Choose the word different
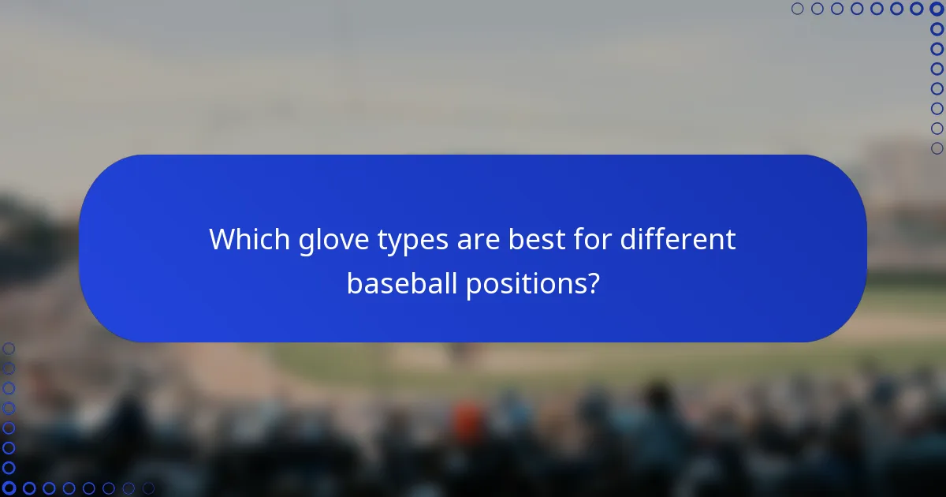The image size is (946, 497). [677, 240]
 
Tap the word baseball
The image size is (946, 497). [401, 284]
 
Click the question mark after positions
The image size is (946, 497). [591, 284]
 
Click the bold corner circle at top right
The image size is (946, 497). [937, 9]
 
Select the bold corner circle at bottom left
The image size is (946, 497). [9, 488]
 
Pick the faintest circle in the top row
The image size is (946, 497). [797, 9]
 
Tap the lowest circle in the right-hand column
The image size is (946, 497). [937, 148]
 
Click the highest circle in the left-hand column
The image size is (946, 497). [9, 348]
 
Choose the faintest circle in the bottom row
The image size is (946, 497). [148, 488]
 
